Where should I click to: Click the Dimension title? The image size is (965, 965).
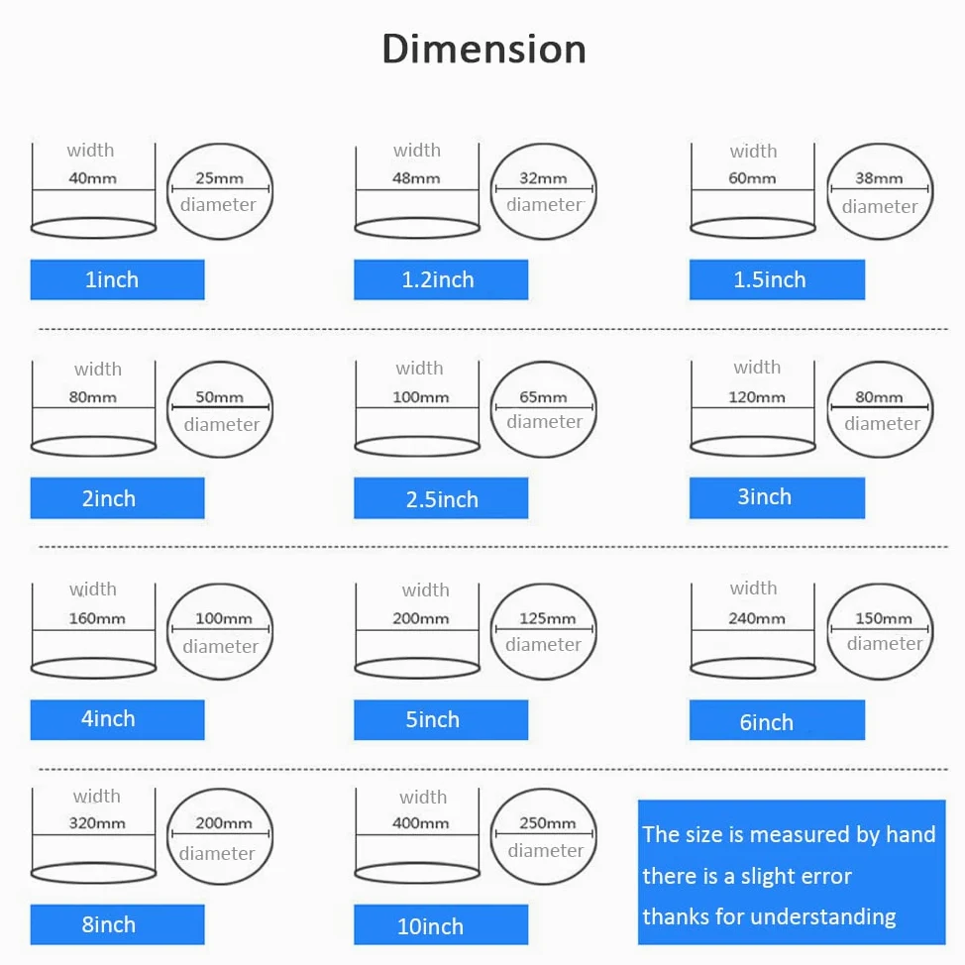coord(483,50)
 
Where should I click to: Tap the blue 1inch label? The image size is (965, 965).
coord(118,279)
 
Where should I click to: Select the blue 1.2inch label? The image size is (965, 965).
coord(441,279)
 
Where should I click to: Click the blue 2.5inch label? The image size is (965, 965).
coord(441,498)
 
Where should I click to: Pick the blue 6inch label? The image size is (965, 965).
coord(777,720)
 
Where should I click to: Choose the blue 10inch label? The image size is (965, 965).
coord(441,924)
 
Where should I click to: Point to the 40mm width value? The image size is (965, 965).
coord(93,178)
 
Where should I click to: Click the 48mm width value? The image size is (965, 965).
coord(416,178)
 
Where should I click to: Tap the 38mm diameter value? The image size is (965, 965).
coord(879,178)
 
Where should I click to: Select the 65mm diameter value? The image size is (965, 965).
coord(543,397)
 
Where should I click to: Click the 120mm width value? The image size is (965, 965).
coord(757,397)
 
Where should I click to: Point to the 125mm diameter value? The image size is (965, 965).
coord(547,618)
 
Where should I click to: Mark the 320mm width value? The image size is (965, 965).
coord(97,823)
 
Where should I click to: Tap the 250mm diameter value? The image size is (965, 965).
coord(547,823)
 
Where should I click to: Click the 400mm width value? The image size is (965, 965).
coord(421,823)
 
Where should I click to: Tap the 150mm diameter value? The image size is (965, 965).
coord(883,618)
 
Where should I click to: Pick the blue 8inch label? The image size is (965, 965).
coord(118,924)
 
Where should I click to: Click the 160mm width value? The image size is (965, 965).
coord(97,618)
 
